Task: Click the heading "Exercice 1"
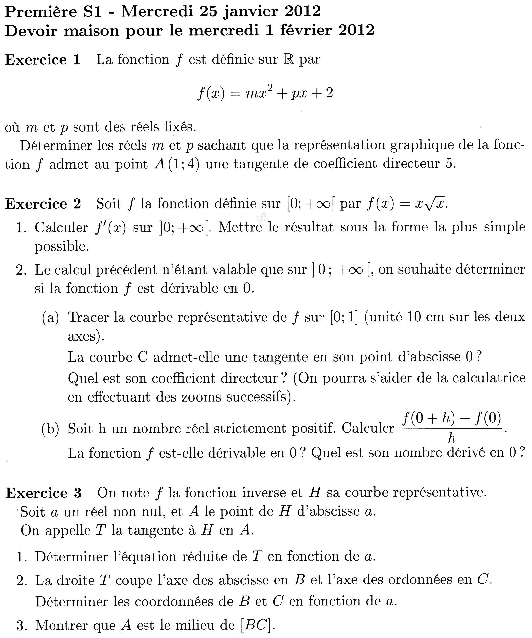coord(43,60)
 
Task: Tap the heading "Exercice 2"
coord(43,204)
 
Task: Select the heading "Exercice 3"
coord(44,493)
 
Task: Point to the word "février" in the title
coord(305,31)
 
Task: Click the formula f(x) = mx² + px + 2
coord(265,93)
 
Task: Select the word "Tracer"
coord(88,318)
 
